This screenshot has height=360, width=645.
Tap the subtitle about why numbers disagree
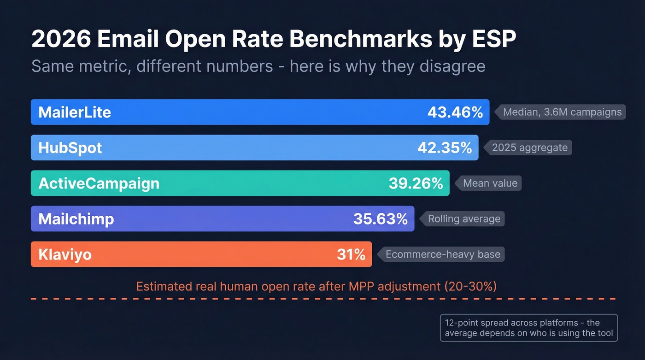coord(258,66)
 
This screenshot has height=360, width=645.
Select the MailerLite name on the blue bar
coord(75,112)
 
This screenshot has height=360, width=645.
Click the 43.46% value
coord(455,112)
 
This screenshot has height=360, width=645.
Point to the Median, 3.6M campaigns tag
coord(562,112)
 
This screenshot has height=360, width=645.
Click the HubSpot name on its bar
coord(70,148)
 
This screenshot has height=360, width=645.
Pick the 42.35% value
coord(444,148)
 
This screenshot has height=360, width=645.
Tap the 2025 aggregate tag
coord(529,148)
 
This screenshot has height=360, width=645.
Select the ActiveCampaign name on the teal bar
coord(99,183)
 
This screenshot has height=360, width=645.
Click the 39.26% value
coord(416,183)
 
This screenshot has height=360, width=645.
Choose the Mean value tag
coord(490,183)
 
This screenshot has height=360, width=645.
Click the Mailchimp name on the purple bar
coord(76,219)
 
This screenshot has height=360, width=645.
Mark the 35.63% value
coord(380,219)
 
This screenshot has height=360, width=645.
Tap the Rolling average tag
coord(464,219)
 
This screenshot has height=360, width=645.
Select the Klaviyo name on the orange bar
coord(65,254)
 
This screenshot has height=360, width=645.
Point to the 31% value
coord(351,254)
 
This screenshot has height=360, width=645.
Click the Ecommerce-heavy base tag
coord(443,254)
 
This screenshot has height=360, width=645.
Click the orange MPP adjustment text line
coord(316,286)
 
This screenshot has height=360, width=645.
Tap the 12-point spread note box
coord(528,328)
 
